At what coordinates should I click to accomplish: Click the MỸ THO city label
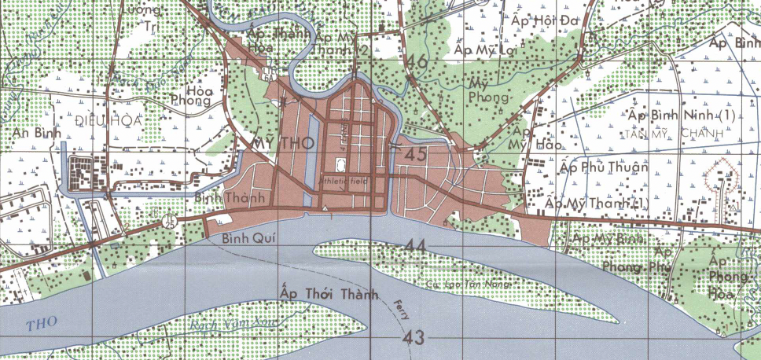(x=281, y=143)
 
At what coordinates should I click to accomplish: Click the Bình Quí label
(x=245, y=237)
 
